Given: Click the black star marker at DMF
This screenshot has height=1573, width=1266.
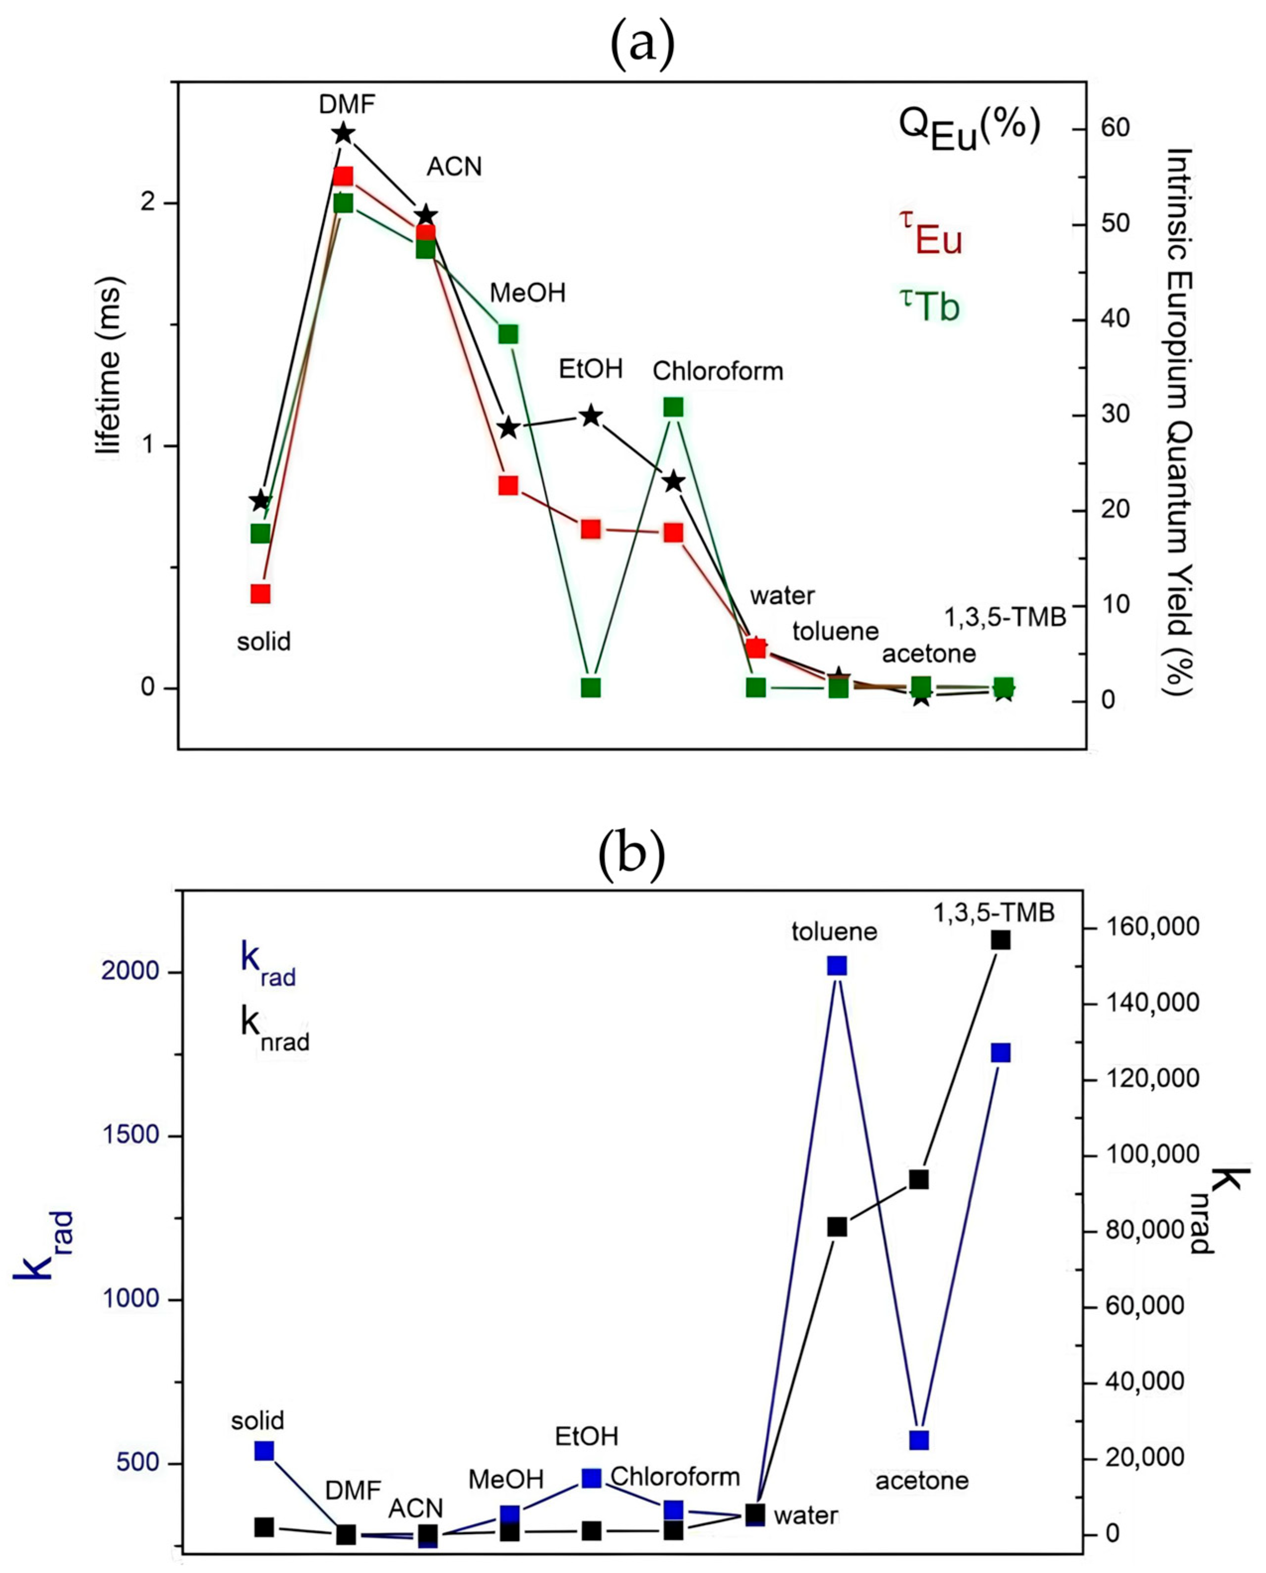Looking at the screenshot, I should pyautogui.click(x=343, y=133).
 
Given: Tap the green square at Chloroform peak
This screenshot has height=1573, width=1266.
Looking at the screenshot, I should pyautogui.click(x=673, y=407).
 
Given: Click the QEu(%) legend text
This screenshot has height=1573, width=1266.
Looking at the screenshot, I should pyautogui.click(x=969, y=127).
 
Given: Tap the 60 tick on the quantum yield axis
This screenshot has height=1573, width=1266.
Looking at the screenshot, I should pyautogui.click(x=1115, y=128).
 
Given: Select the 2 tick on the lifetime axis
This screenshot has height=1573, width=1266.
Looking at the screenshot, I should pyautogui.click(x=148, y=202).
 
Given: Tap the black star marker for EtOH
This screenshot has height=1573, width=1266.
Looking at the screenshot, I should pyautogui.click(x=591, y=416).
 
